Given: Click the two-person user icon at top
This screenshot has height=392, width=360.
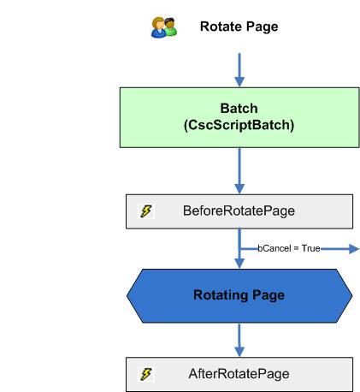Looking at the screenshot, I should [x=163, y=27].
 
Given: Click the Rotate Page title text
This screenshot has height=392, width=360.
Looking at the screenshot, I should [x=239, y=27].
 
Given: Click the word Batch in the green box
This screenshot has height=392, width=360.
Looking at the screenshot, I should [x=239, y=108].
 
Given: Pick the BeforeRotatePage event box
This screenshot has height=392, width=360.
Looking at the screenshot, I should [x=239, y=211].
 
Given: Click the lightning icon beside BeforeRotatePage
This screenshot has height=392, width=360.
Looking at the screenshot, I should [x=146, y=211].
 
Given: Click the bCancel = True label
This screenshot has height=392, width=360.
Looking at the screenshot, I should [x=288, y=248].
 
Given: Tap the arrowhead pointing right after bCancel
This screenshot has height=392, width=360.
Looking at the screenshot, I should [x=351, y=248].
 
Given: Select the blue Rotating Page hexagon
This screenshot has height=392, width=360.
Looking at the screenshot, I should [x=239, y=295].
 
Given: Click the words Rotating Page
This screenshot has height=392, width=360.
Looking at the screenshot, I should [x=239, y=295].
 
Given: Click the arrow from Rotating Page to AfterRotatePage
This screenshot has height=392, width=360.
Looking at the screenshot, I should [x=239, y=339].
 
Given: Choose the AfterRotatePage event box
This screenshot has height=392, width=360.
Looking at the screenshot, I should [x=239, y=374].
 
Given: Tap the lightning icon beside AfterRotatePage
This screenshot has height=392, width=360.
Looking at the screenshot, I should [x=146, y=374].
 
